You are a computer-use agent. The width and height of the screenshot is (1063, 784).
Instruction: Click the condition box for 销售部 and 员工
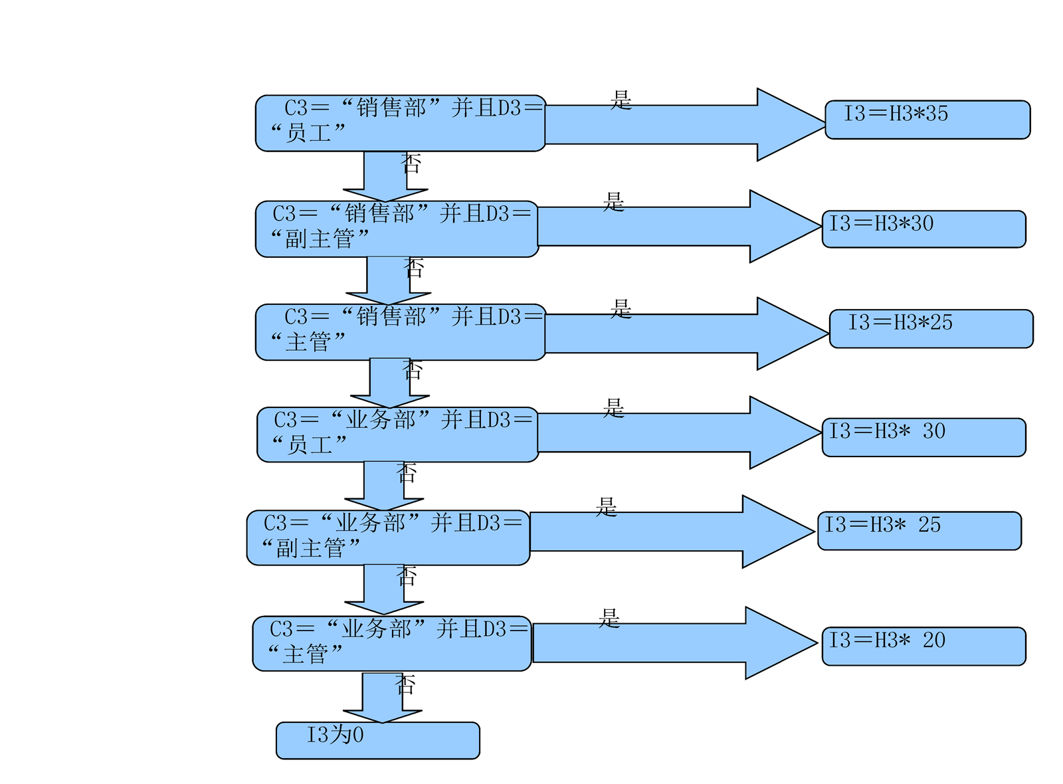[400, 123]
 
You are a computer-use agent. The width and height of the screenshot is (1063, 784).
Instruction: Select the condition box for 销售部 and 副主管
[397, 229]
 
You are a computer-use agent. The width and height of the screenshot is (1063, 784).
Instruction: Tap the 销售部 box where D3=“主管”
[400, 332]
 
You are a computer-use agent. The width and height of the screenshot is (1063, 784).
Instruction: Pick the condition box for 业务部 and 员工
[397, 435]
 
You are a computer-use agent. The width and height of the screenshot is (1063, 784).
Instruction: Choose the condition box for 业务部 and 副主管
[388, 538]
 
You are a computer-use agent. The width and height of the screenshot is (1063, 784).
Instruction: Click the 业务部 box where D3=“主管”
[391, 643]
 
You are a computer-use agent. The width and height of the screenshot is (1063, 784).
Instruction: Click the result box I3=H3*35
[927, 120]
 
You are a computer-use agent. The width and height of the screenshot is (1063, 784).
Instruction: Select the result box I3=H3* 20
[923, 646]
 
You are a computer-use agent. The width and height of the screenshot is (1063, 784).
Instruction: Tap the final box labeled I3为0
[377, 740]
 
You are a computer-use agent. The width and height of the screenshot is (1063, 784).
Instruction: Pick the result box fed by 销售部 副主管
[923, 229]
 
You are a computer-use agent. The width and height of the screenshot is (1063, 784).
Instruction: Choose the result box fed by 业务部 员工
[923, 437]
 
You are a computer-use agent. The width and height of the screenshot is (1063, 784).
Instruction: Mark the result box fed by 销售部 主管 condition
[931, 328]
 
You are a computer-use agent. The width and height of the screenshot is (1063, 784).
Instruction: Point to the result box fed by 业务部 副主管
[919, 530]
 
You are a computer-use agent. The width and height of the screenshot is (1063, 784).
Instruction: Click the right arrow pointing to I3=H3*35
[684, 124]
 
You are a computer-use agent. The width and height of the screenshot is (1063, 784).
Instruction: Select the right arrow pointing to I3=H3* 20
[674, 642]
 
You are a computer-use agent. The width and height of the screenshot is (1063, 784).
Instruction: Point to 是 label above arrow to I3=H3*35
[621, 100]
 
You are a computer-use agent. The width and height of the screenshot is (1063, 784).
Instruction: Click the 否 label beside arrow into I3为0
[405, 684]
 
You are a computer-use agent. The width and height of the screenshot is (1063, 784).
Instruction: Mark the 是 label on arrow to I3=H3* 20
[609, 618]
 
